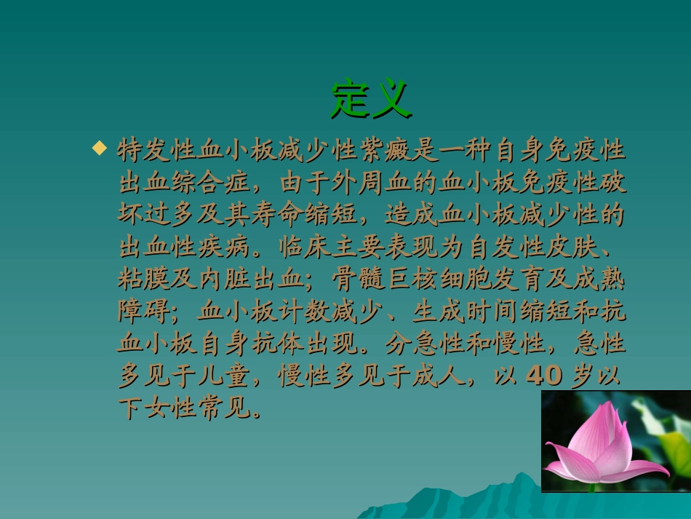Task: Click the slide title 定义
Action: [372, 99]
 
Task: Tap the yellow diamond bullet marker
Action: [99, 148]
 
